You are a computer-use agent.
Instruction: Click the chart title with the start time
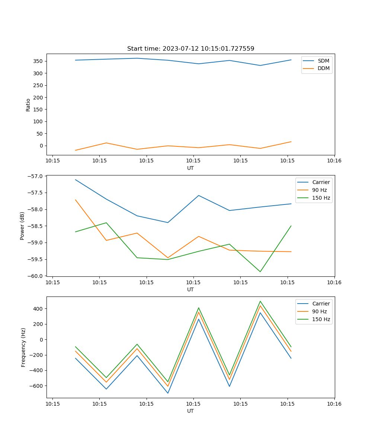point(190,49)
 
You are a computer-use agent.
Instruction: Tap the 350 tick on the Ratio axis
point(39,61)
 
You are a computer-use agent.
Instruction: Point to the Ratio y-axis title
point(28,105)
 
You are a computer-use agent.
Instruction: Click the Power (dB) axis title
point(22,226)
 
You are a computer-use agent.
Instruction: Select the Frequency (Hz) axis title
point(23,347)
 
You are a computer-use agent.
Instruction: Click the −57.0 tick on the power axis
point(36,176)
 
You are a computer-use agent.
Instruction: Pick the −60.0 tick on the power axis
point(36,276)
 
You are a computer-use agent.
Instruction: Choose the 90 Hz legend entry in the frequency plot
point(320,311)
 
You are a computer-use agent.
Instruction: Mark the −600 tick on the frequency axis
point(38,386)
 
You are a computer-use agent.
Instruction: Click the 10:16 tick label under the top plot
point(334,161)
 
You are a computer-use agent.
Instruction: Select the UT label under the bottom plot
point(190,411)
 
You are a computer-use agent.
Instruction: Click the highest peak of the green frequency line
point(260,301)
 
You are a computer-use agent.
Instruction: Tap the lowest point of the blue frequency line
point(168,393)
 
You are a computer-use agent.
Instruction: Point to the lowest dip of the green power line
point(260,272)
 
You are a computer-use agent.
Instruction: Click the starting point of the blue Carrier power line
point(76,180)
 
